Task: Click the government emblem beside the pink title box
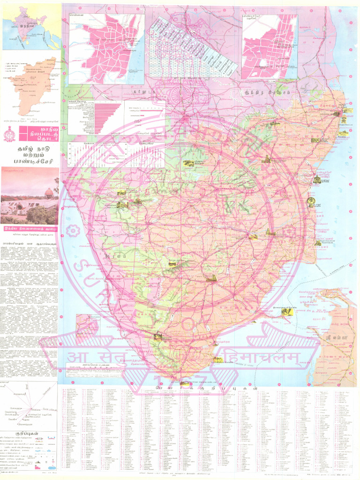(x=9, y=134)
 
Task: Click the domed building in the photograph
(x=49, y=193)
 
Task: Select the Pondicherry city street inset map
(x=270, y=46)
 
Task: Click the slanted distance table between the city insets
(x=193, y=47)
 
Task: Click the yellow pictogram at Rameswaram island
(x=286, y=312)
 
